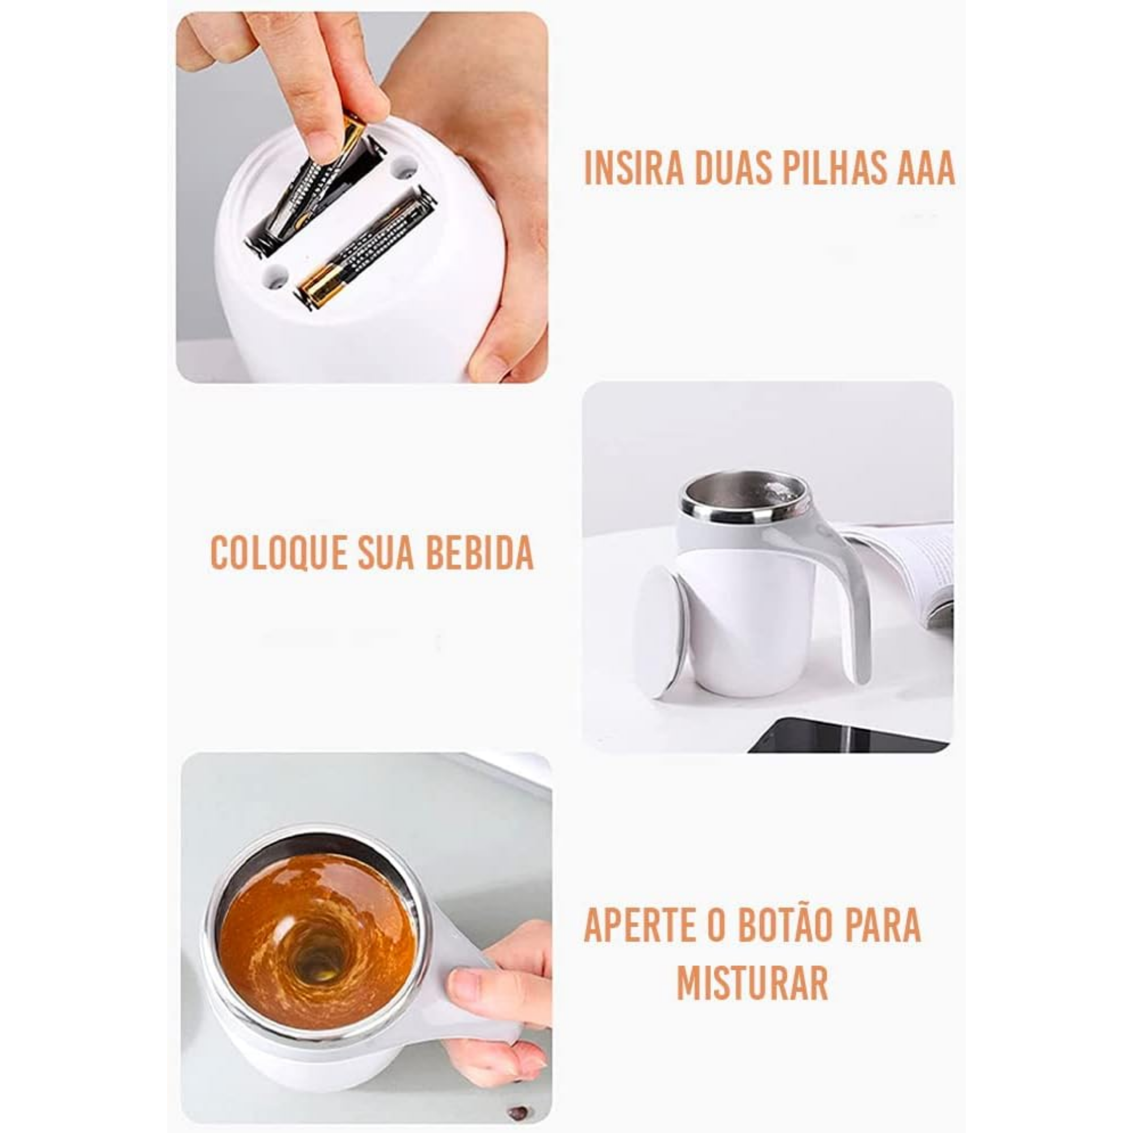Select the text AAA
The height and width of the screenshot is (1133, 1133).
923,168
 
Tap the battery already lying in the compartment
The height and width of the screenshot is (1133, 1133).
367,249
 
